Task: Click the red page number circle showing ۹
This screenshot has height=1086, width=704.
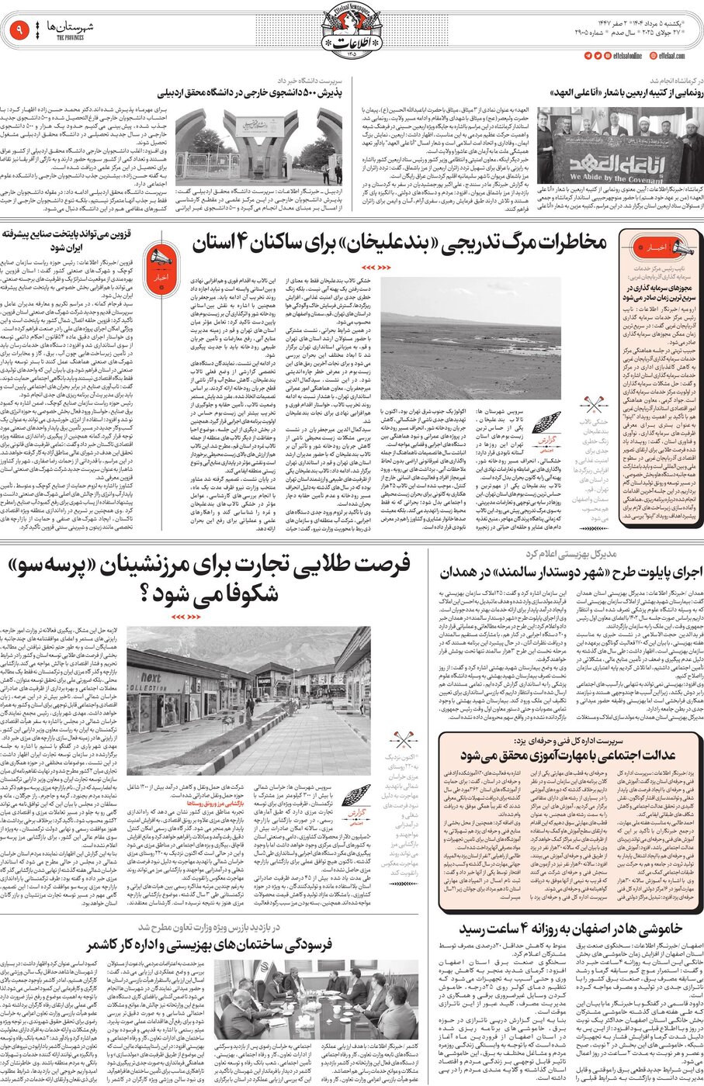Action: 18,32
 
